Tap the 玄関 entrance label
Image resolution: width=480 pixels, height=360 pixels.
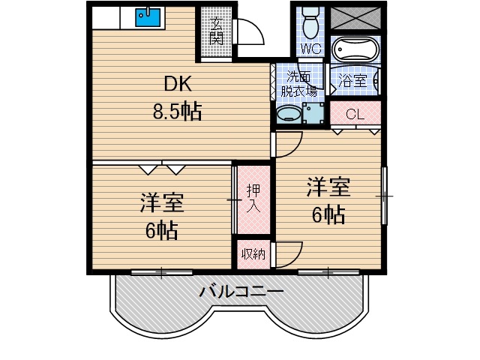pos(216,31)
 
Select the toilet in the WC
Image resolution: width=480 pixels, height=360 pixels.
pos(309,22)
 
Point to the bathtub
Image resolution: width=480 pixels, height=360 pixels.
pos(355,50)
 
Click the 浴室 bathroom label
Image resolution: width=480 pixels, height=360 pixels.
pos(352,80)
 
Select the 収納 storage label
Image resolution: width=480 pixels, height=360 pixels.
pos(253,253)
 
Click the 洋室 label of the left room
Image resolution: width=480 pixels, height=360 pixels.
pos(162,202)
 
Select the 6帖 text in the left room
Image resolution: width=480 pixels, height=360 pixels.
pos(161,229)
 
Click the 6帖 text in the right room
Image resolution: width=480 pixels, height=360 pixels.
pos(328,215)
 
